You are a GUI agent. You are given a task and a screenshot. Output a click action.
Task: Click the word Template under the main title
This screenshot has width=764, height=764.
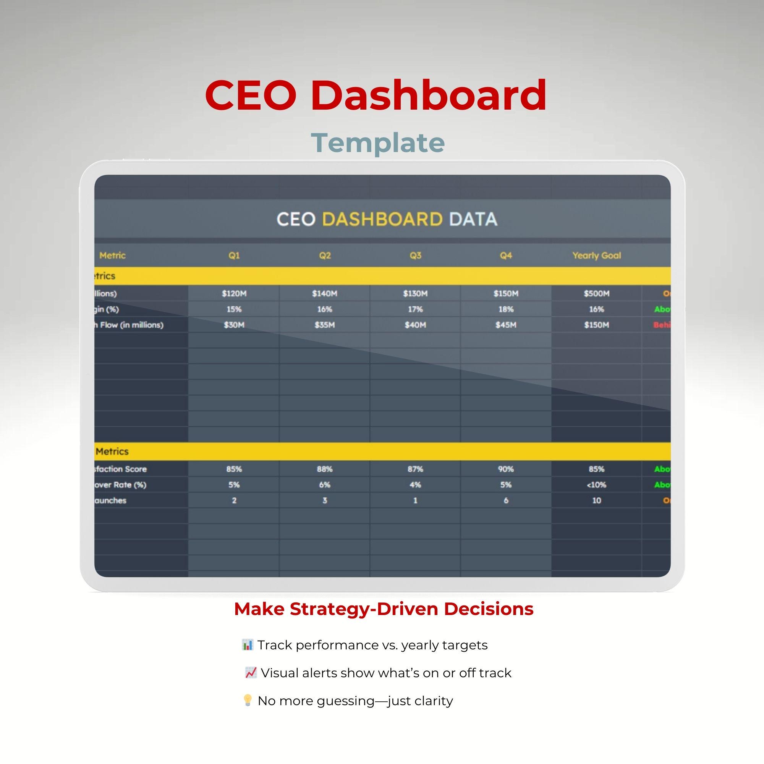pos(378,142)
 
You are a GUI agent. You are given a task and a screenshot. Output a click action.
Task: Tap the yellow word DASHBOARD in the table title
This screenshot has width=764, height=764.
pos(382,219)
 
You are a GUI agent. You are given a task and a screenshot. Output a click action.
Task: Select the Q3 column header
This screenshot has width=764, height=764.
pos(415,256)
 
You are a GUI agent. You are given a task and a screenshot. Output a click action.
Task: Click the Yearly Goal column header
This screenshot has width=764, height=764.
pos(596,256)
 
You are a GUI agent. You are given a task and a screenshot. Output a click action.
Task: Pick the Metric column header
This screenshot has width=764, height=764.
pos(112,256)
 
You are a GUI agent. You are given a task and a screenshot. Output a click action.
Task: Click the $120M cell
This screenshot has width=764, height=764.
pos(234,293)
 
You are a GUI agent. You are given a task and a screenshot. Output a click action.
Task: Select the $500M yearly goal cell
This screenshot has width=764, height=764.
pos(596,293)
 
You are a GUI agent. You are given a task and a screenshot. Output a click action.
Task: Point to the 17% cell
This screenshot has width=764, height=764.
pos(415,309)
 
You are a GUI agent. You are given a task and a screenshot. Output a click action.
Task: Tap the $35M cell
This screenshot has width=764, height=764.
pos(325,325)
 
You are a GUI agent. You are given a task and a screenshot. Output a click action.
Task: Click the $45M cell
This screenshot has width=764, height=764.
pos(506,325)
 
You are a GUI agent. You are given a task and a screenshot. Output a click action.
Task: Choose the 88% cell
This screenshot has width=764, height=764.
pos(325,469)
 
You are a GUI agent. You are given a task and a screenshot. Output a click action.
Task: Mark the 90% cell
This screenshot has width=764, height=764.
pos(506,469)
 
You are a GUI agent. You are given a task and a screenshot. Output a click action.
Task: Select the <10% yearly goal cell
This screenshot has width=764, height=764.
pos(596,485)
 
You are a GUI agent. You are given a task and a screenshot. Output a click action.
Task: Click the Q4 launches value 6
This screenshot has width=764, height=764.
pos(506,501)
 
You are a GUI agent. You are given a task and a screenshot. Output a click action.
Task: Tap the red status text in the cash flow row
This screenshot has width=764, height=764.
pos(662,325)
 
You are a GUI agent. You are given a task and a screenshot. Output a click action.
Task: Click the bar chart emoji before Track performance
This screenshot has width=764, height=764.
pos(247,645)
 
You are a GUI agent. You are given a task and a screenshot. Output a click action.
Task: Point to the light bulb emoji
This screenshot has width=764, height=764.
pos(248,700)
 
